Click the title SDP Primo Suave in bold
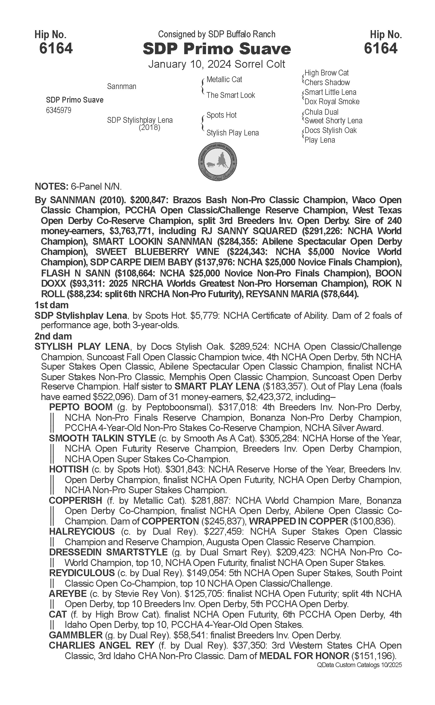tap(217, 49)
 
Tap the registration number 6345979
tap(59, 110)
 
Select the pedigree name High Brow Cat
tap(326, 73)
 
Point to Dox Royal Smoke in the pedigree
tap(332, 102)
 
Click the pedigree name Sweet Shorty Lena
tap(333, 121)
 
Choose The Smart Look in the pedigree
tap(231, 95)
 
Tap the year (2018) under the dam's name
tap(149, 127)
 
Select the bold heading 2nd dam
tap(53, 336)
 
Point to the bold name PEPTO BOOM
tap(81, 407)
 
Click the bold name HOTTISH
tap(69, 469)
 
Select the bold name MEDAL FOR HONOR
tap(304, 656)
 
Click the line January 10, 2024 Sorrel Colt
tap(217, 64)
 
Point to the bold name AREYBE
tap(68, 594)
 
